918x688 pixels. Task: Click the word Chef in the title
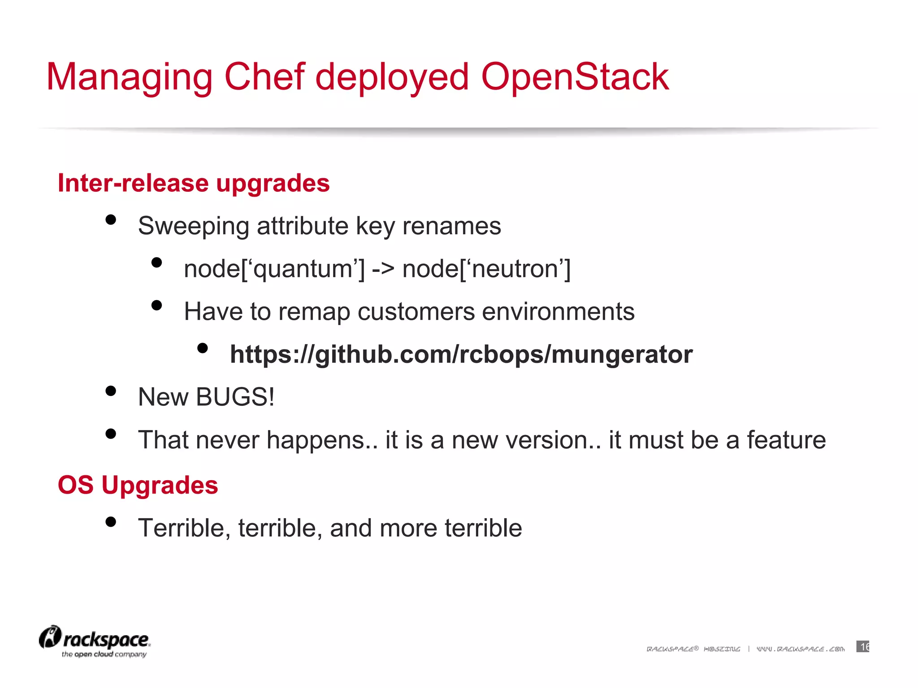click(264, 77)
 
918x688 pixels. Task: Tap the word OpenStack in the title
click(575, 77)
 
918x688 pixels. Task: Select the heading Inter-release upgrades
click(194, 183)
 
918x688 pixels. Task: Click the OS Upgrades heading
click(138, 485)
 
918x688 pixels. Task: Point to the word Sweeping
click(193, 226)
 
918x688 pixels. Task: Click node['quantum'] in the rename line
click(274, 269)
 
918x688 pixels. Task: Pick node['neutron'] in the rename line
click(486, 269)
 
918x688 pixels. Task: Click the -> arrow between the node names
click(383, 269)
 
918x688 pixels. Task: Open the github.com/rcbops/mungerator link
click(461, 354)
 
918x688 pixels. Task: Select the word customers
click(416, 312)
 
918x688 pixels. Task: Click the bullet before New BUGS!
click(111, 391)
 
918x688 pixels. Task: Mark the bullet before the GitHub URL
click(203, 348)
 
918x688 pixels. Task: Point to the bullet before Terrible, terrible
click(111, 522)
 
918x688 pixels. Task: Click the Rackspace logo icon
click(50, 637)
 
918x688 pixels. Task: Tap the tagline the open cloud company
click(104, 654)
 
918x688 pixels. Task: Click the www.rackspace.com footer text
click(800, 649)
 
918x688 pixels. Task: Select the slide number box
click(862, 646)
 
